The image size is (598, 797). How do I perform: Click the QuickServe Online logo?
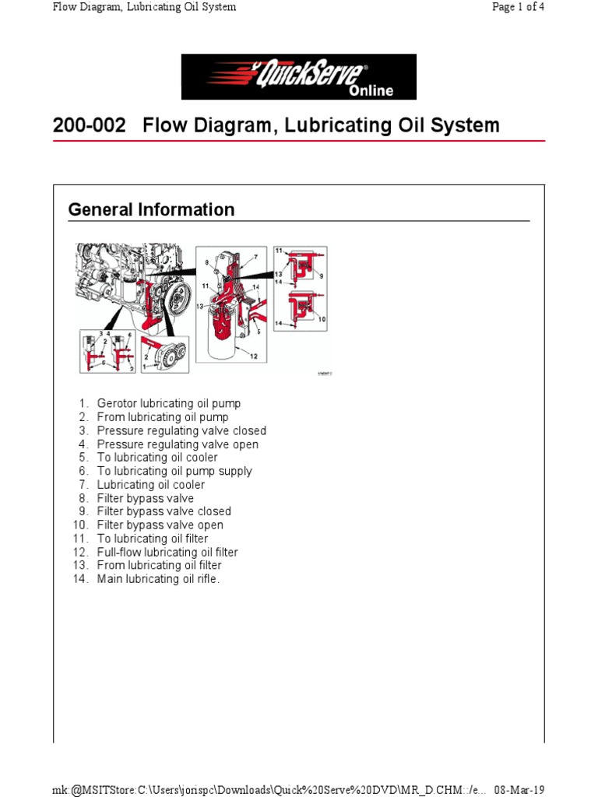pos(299,77)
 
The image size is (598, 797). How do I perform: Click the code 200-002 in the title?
pos(88,125)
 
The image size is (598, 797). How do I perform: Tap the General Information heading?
pos(151,209)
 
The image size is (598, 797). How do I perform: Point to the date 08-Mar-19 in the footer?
pos(519,788)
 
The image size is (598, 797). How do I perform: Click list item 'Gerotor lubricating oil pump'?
pos(169,403)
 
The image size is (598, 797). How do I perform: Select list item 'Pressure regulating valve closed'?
pos(181,430)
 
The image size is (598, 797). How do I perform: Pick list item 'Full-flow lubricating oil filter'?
pos(167,552)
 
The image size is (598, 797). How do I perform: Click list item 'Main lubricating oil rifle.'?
pos(159,579)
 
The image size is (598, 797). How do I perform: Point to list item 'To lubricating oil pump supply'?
pos(174,471)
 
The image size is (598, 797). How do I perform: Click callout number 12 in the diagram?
pos(254,356)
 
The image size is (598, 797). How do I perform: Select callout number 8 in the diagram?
pos(206,264)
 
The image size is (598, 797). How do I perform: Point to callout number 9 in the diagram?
pos(321,276)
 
